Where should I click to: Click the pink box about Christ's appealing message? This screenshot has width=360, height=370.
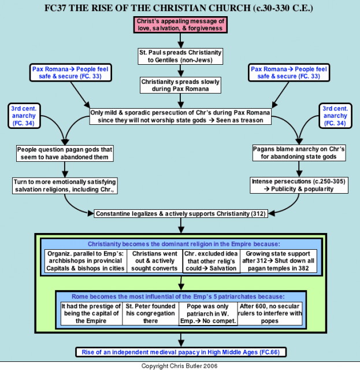(180, 25)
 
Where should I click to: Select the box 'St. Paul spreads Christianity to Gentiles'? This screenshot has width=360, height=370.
(180, 57)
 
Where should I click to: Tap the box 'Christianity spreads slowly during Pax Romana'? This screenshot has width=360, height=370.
(180, 85)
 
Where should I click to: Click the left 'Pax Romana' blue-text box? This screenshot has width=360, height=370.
(70, 73)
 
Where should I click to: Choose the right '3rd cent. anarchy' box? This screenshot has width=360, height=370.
(335, 116)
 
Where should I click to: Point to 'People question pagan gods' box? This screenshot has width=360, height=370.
(65, 153)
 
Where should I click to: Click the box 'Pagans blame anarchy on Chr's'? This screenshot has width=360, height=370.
(299, 153)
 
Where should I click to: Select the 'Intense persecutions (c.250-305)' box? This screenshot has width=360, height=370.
(299, 185)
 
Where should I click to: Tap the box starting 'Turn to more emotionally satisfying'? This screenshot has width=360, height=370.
(65, 186)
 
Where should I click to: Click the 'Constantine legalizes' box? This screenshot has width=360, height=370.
(181, 213)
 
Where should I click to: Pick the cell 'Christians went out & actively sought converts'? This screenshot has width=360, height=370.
(155, 261)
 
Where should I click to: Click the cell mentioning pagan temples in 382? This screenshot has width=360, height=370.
(279, 261)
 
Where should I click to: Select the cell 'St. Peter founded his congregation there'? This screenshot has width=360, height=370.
(150, 313)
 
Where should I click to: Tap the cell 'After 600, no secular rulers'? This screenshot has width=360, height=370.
(270, 313)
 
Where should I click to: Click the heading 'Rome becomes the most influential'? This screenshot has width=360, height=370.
(178, 297)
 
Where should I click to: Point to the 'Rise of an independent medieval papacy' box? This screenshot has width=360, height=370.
(181, 352)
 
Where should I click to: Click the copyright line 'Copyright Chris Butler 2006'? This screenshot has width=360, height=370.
(180, 366)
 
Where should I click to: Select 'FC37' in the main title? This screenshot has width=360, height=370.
(55, 8)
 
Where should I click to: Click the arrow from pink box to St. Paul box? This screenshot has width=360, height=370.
(180, 41)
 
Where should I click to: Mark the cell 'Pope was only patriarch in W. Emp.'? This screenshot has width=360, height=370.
(208, 313)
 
